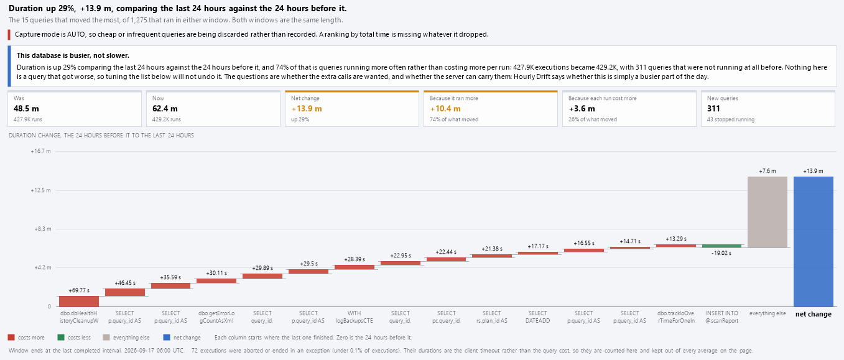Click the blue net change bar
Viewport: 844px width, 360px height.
point(813,241)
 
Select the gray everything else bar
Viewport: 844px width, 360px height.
point(767,212)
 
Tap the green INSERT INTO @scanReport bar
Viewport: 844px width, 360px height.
point(721,246)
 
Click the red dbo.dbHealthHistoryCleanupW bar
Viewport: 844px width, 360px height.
point(79,302)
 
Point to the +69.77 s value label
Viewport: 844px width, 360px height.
point(79,290)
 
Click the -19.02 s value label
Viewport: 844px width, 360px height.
point(721,253)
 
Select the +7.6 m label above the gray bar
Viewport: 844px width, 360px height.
point(767,171)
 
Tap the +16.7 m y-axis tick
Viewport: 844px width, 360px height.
point(40,151)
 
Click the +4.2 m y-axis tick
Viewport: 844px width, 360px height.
point(42,267)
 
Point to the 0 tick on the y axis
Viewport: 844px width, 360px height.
point(49,307)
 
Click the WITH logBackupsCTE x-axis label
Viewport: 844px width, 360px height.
point(354,317)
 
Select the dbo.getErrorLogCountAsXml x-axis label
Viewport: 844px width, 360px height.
point(216,317)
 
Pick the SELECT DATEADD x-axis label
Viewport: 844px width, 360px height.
point(537,317)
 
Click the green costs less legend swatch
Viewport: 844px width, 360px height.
point(61,338)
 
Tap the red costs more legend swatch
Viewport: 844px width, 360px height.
point(11,338)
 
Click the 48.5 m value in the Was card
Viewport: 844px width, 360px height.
point(26,108)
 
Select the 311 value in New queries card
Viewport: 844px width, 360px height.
point(713,108)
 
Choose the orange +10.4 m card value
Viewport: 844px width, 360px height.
point(445,108)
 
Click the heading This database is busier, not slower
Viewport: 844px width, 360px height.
point(73,55)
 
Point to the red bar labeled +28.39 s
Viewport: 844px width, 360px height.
point(354,267)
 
